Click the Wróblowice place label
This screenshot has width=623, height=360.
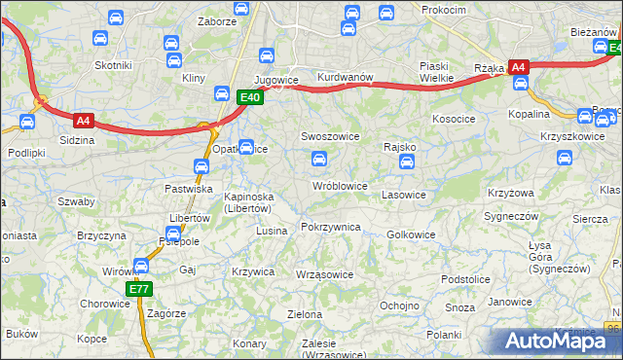339,185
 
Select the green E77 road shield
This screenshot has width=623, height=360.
138,289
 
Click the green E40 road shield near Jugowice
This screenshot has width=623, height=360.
250,97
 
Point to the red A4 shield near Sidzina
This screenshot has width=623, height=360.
85,121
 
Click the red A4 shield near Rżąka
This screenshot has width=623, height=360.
519,67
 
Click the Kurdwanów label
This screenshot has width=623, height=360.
346,77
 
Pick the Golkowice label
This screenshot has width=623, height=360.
411,234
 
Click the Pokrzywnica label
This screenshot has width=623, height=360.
331,227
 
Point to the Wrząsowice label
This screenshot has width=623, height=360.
323,274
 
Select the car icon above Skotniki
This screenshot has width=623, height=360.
98,39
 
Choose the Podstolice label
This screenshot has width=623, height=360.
464,279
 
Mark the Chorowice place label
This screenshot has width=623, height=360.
104,304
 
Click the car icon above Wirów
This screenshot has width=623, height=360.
142,265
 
